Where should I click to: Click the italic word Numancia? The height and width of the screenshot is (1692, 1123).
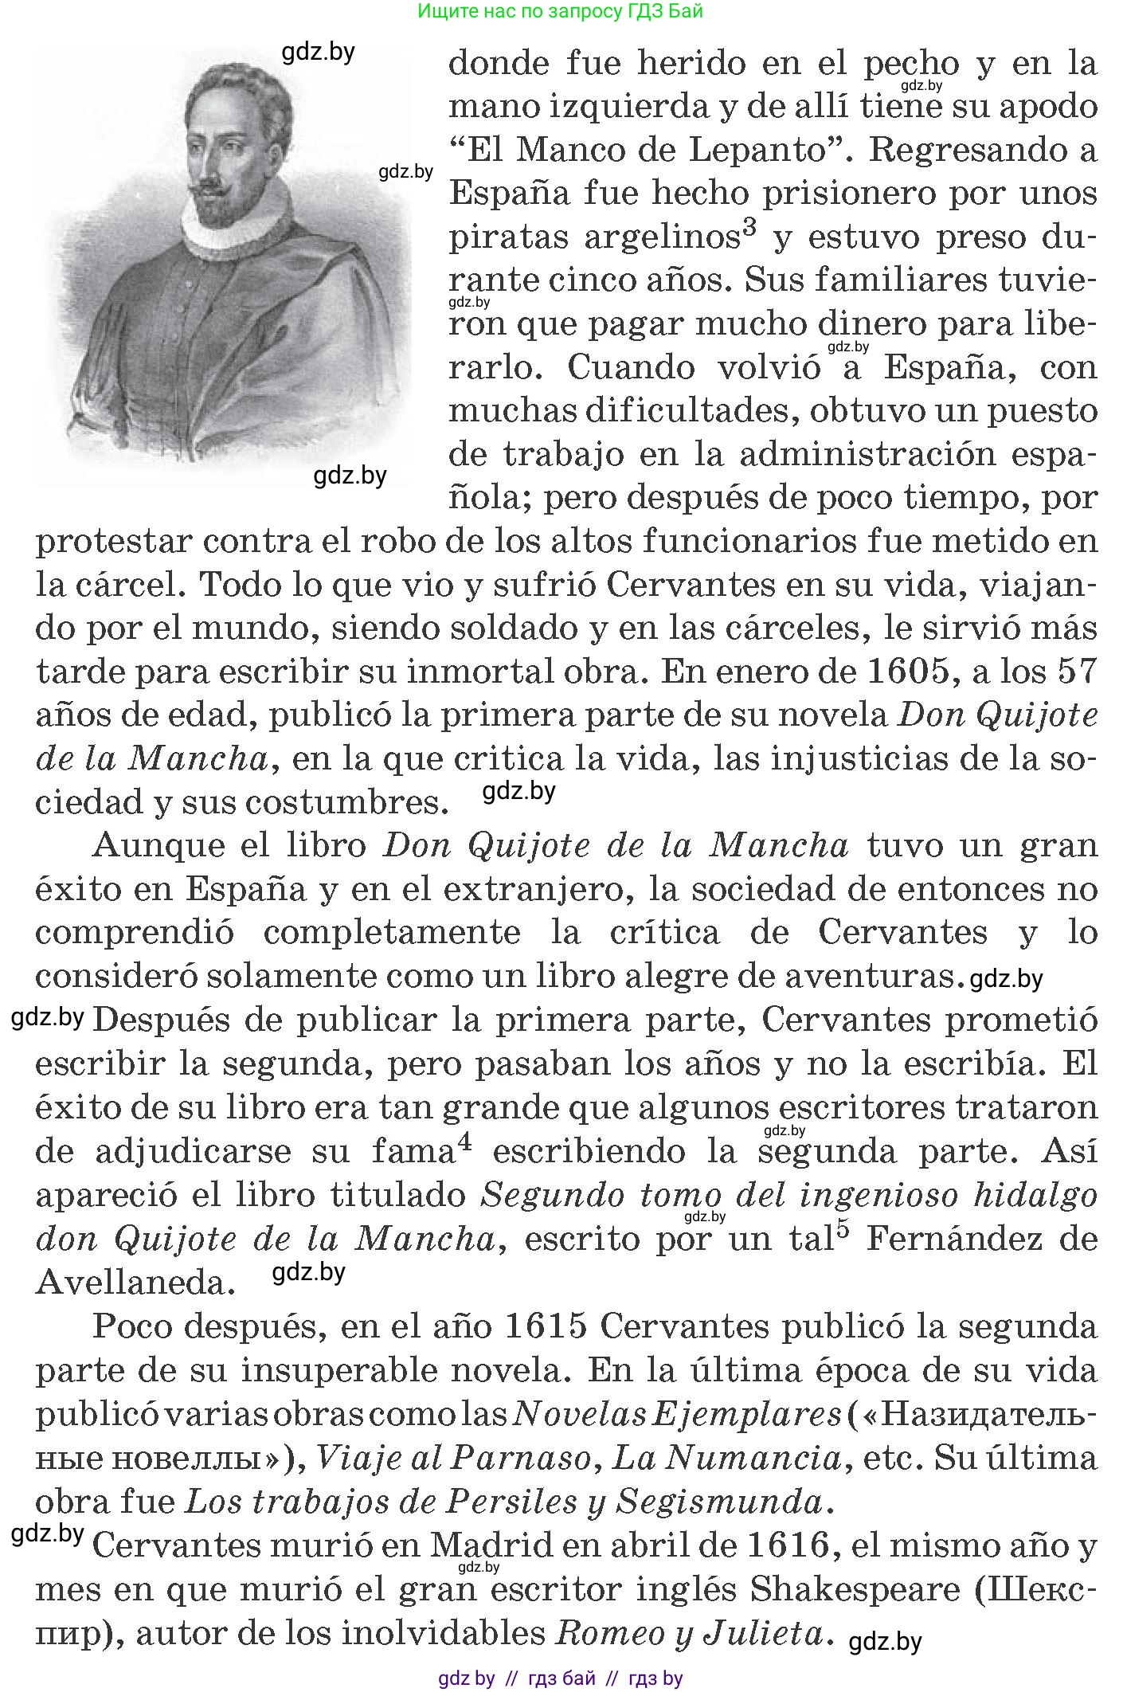(x=753, y=1458)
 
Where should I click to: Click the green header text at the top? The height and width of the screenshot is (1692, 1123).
(x=561, y=11)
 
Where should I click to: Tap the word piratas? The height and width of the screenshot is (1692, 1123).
(x=509, y=237)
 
